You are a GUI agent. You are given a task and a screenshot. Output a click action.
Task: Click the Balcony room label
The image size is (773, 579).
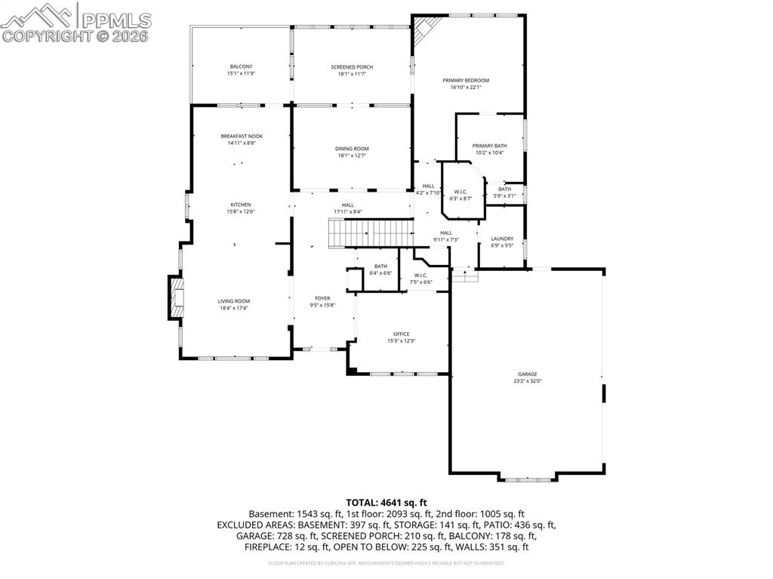tap(241, 66)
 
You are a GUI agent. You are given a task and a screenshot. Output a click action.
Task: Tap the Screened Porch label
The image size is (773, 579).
tap(352, 67)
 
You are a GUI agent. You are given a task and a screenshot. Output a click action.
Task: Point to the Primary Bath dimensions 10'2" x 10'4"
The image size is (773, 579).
tap(490, 153)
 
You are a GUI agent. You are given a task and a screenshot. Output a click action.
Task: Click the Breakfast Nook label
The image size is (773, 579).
tap(242, 136)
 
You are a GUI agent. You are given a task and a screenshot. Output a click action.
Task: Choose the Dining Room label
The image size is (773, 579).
tap(352, 149)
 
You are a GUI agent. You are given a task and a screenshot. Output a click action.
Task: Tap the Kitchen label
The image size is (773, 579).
tap(241, 205)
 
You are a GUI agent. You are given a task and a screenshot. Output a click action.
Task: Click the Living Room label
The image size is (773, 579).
tap(234, 301)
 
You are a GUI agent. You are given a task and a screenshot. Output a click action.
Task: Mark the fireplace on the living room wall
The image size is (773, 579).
tap(175, 298)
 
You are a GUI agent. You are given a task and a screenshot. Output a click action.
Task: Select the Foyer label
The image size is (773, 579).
tap(322, 298)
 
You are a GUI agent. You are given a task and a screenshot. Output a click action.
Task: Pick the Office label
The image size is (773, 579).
tap(401, 334)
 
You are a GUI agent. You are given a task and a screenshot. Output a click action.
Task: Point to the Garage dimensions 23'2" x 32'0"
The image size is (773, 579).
tap(527, 381)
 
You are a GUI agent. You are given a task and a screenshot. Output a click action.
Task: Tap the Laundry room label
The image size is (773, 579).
tap(502, 239)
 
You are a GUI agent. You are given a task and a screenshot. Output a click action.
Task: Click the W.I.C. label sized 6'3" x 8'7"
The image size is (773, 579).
tap(460, 192)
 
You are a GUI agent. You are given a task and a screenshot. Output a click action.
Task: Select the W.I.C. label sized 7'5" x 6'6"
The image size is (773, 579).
tap(420, 275)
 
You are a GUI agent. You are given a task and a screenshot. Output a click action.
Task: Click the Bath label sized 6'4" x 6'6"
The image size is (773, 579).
tap(380, 266)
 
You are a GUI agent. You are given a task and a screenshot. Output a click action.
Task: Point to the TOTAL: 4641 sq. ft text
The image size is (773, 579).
tap(386, 502)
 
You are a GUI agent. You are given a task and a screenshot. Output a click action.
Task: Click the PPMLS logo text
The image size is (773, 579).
tap(115, 20)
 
